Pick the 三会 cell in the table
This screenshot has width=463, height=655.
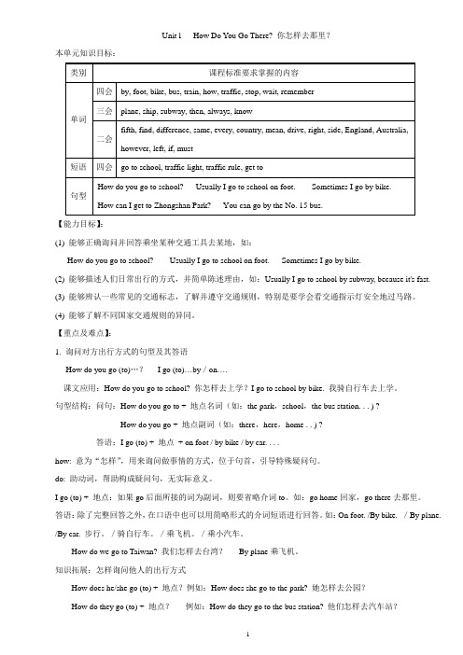[x=104, y=110]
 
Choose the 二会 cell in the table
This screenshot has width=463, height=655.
[x=104, y=136]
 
